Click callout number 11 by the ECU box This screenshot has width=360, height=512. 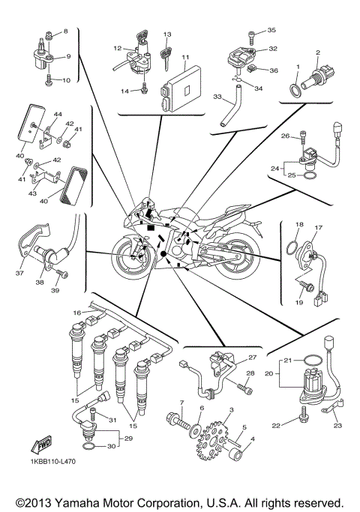pos(185,57)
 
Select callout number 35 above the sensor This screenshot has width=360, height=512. pos(271,30)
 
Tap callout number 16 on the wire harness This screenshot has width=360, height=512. pos(76,313)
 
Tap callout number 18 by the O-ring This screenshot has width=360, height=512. pos(298,224)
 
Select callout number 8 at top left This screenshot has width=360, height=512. pos(64,31)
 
